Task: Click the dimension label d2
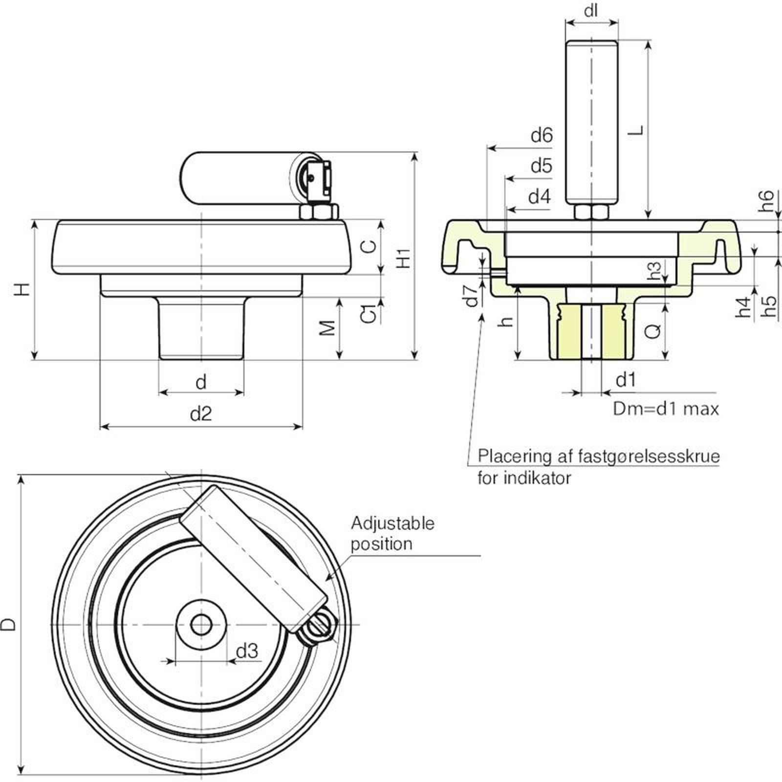200,414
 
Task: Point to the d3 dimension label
247,651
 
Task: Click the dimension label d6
542,135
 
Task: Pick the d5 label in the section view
542,166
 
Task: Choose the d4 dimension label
540,197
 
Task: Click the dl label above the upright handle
591,10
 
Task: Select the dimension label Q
652,331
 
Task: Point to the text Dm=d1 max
666,409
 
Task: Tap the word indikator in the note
537,478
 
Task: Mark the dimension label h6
766,200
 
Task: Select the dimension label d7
472,295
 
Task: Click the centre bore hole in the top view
201,624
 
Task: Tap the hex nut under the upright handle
591,212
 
